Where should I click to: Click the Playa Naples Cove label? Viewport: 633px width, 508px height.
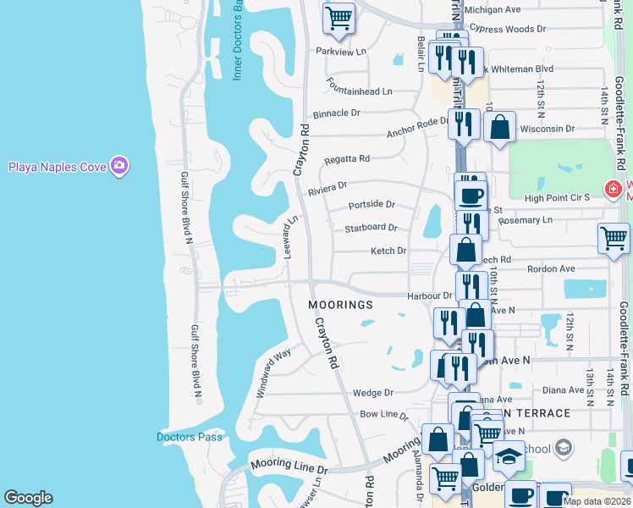pyautogui.click(x=58, y=166)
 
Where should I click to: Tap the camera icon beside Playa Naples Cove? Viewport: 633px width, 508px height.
pyautogui.click(x=120, y=166)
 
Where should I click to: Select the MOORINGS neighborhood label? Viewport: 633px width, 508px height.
pyautogui.click(x=340, y=304)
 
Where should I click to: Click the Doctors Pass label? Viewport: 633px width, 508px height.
pyautogui.click(x=190, y=437)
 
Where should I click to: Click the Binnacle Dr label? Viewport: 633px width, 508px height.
pyautogui.click(x=337, y=113)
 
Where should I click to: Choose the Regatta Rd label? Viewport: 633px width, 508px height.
pyautogui.click(x=347, y=158)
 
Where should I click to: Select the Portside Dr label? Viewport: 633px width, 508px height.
pyautogui.click(x=372, y=205)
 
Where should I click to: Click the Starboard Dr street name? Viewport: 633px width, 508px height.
pyautogui.click(x=371, y=228)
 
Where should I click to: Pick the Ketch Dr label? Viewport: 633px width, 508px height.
pyautogui.click(x=388, y=251)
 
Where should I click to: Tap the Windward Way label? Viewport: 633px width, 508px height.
pyautogui.click(x=274, y=373)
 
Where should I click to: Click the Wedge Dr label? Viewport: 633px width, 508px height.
pyautogui.click(x=373, y=393)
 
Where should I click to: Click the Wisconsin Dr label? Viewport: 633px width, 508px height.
pyautogui.click(x=547, y=130)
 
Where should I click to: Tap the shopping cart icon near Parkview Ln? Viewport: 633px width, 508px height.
pyautogui.click(x=339, y=17)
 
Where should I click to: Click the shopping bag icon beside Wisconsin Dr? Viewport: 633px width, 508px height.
pyautogui.click(x=500, y=127)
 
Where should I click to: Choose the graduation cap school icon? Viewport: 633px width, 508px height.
pyautogui.click(x=509, y=456)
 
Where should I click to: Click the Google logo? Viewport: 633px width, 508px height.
pyautogui.click(x=28, y=498)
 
